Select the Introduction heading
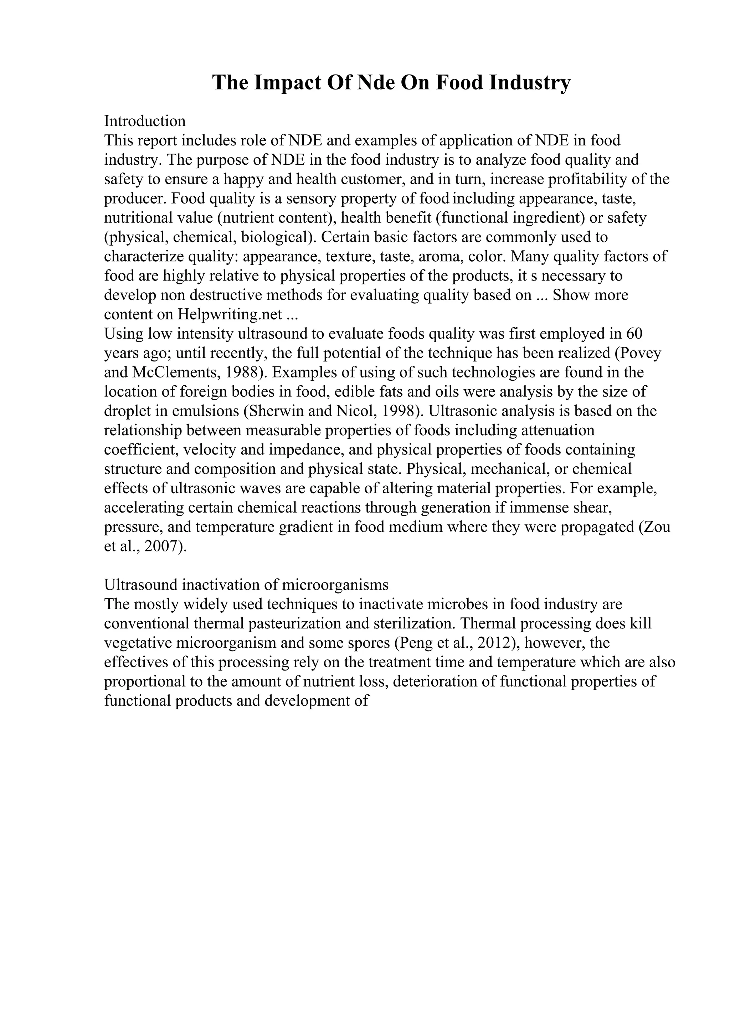click(x=145, y=121)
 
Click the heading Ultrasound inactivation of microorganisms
click(x=246, y=585)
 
